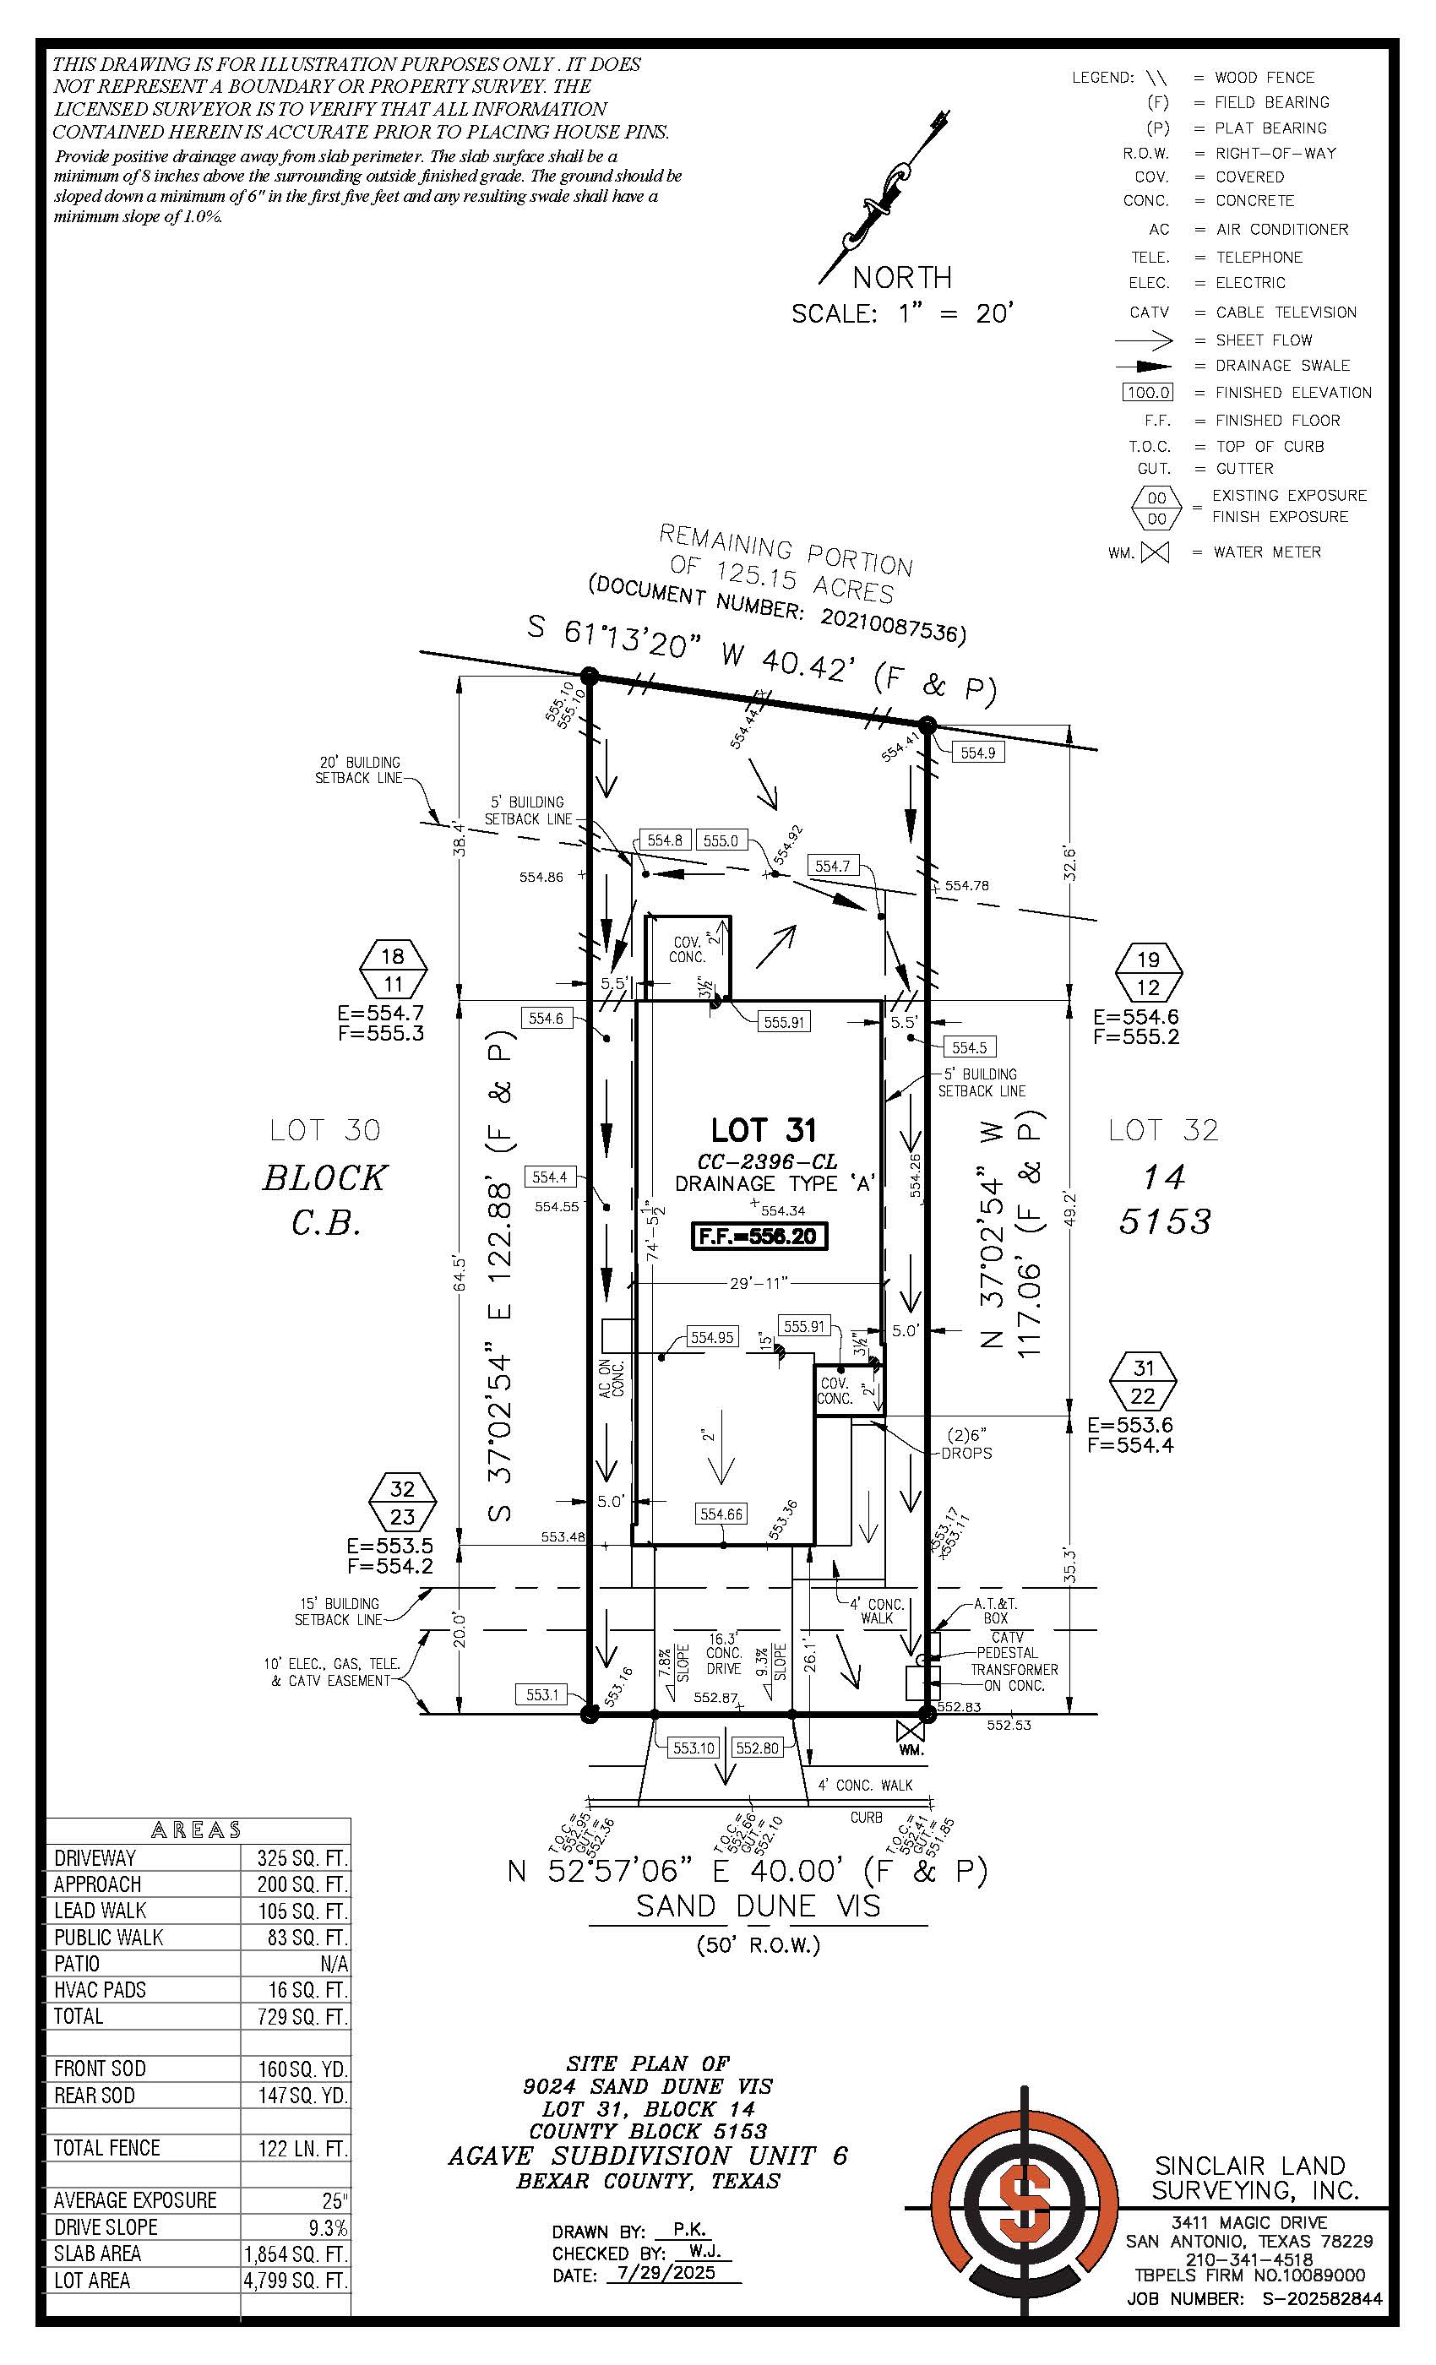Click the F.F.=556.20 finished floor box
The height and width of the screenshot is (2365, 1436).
[x=759, y=1237]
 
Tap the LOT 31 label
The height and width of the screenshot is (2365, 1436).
[x=762, y=1130]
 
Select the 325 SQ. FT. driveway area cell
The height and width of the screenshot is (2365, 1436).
[x=296, y=1857]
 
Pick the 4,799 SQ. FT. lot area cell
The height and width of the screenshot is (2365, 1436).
[x=296, y=2280]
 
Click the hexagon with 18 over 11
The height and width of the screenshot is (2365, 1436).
[x=393, y=970]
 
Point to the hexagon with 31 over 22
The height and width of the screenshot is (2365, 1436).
[x=1142, y=1381]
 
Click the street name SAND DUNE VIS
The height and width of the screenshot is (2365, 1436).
[x=759, y=1906]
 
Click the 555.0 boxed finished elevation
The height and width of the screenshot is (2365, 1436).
[x=720, y=840]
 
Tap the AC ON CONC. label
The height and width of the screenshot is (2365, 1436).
[x=612, y=1378]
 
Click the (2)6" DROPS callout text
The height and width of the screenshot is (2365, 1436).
[x=967, y=1444]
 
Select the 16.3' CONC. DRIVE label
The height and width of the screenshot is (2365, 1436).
[x=724, y=1653]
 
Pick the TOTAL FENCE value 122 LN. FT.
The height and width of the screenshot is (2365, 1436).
[x=296, y=2148]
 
